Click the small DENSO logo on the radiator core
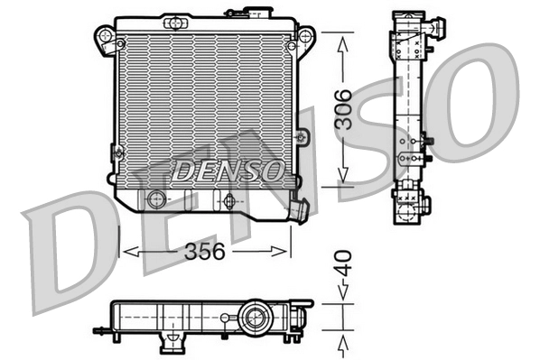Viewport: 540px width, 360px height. (x=228, y=169)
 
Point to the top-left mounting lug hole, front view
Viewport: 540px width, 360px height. (x=107, y=37)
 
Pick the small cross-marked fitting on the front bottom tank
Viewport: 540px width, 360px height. (x=229, y=200)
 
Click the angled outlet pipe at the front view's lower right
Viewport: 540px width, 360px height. (x=297, y=210)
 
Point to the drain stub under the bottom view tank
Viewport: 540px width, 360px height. (x=169, y=344)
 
